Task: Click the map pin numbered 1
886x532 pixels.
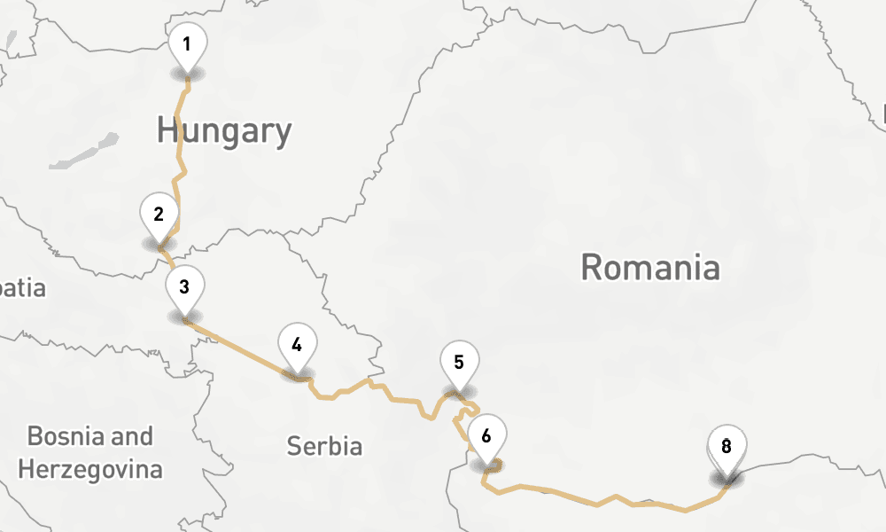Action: [x=187, y=44]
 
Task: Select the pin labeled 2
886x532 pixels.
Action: [x=159, y=215]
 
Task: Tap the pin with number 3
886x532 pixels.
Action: [x=184, y=287]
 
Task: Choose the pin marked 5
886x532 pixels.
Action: [x=459, y=363]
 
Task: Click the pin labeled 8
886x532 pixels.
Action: [x=727, y=447]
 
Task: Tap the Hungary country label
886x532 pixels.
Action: [x=224, y=131]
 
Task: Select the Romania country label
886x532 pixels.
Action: [x=649, y=267]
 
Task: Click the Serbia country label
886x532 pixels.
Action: [x=324, y=446]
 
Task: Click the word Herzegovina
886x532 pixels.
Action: [x=90, y=469]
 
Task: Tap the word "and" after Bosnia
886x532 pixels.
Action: [x=132, y=436]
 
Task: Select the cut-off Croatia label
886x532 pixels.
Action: [x=22, y=289]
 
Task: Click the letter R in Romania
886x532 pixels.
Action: [x=592, y=267]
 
